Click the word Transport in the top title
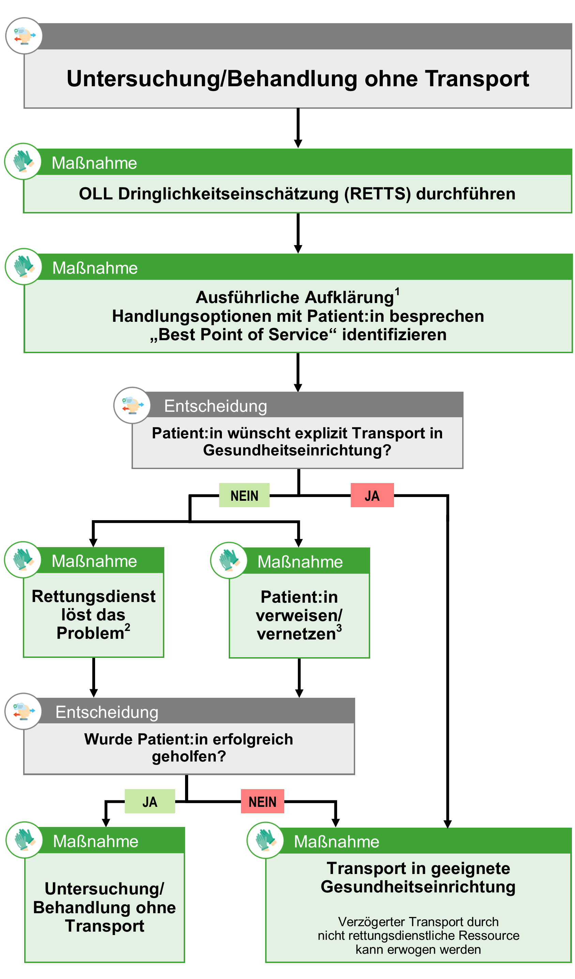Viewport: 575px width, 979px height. tap(477, 79)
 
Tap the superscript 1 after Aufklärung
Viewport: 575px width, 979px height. tap(397, 292)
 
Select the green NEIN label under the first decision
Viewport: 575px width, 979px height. tap(244, 495)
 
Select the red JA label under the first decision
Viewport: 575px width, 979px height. tap(372, 495)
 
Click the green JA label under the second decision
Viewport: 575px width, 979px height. tap(150, 801)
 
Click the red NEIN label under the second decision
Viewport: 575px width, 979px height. tap(262, 801)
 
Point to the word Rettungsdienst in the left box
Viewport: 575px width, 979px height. tap(93, 596)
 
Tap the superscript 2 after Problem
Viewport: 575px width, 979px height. tap(127, 627)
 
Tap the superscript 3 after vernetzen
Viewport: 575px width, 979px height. tap(339, 628)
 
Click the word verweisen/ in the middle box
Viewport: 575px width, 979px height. tap(299, 615)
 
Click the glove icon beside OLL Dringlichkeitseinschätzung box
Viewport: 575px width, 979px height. tap(23, 161)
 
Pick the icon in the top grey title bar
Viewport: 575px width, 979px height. tap(24, 36)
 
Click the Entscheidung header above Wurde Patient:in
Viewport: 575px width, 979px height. tap(107, 712)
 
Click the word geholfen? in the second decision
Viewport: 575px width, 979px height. tap(189, 756)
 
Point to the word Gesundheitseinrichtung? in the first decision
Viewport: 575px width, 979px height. tap(297, 450)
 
